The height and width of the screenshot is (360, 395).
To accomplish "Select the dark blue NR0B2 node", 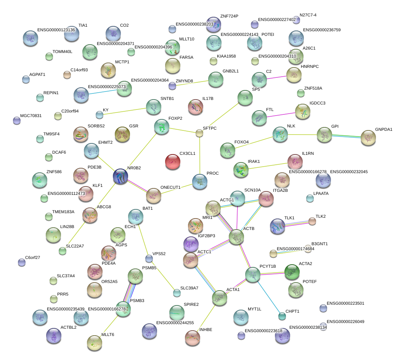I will point(120,177).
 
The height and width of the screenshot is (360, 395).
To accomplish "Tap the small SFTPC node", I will point(199,133).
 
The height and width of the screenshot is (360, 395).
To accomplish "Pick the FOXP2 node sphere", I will point(162,127).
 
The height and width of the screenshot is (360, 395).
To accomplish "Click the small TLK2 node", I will point(312,221).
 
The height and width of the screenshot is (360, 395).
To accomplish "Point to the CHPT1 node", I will point(282,316).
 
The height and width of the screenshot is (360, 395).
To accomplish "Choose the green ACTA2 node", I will point(292,272).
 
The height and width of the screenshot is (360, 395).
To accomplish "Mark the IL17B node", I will point(196,107).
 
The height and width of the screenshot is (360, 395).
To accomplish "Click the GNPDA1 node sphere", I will point(368,138).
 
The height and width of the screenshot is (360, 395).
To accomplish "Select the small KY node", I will point(100,114).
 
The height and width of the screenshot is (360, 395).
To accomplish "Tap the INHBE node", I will point(193,337).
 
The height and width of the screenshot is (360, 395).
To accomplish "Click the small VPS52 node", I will point(149,259).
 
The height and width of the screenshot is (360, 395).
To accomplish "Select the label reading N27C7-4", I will point(308,15).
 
